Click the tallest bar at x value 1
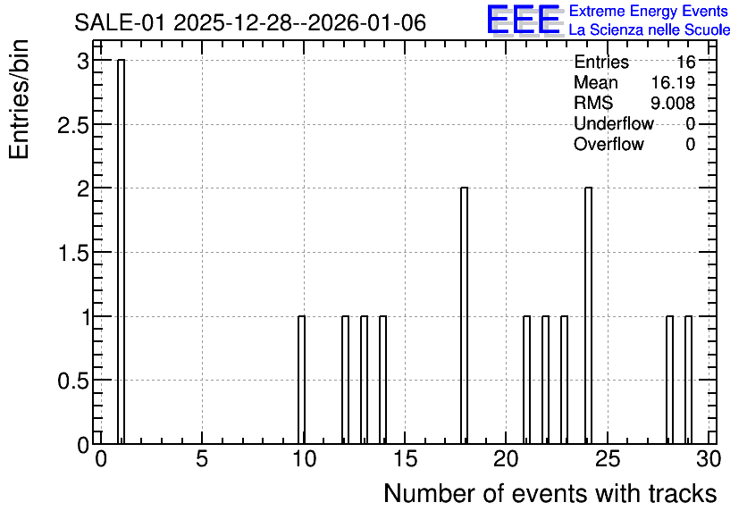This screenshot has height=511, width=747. point(121,252)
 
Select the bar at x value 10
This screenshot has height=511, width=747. point(301,380)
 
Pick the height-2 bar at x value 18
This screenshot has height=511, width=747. point(464,315)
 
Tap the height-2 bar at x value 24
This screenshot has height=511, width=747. point(588,315)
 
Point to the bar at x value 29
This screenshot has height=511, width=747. point(688,380)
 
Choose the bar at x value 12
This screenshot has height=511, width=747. point(346,380)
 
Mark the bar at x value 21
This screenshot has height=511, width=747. point(526,380)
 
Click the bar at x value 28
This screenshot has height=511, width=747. point(669,380)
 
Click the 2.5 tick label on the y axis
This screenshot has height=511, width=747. point(73,125)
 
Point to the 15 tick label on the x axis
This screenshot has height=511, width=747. point(405,459)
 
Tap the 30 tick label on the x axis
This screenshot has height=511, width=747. point(709,459)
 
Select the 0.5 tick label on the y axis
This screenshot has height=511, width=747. point(73,381)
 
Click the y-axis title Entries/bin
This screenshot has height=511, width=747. point(20,99)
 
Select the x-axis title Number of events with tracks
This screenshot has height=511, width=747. point(550,494)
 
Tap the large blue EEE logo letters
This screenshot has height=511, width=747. point(524,20)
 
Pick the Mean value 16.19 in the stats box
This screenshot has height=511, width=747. point(673,82)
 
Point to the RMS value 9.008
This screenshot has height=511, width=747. point(673,103)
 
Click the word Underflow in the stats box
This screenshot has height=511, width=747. point(614,123)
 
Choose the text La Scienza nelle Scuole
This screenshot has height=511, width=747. point(650,30)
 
